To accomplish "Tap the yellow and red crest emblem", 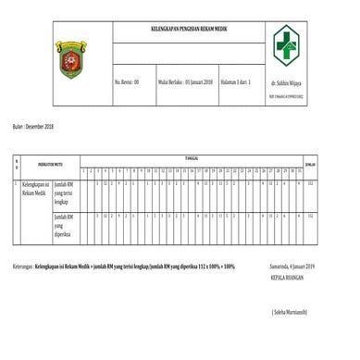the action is (x=70, y=57).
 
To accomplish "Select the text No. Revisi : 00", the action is (x=127, y=81).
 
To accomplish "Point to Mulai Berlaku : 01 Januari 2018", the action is (x=186, y=81).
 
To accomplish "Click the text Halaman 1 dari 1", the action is (x=239, y=81).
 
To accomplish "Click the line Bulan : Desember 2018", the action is (x=35, y=124).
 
